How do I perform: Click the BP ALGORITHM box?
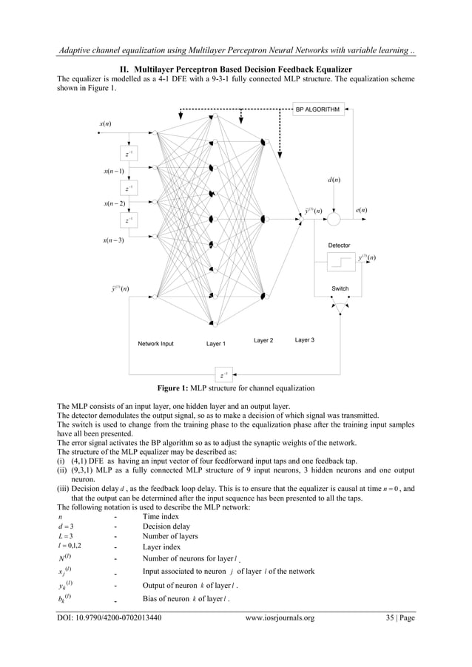(x=317, y=109)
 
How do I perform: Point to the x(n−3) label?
(x=114, y=240)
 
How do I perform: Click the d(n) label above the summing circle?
(x=334, y=180)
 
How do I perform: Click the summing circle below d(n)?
(x=334, y=220)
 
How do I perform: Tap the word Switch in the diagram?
(x=340, y=288)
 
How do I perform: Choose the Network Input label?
(x=155, y=344)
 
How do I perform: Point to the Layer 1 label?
(x=216, y=344)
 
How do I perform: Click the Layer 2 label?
(x=263, y=340)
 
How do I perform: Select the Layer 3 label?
(x=304, y=339)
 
